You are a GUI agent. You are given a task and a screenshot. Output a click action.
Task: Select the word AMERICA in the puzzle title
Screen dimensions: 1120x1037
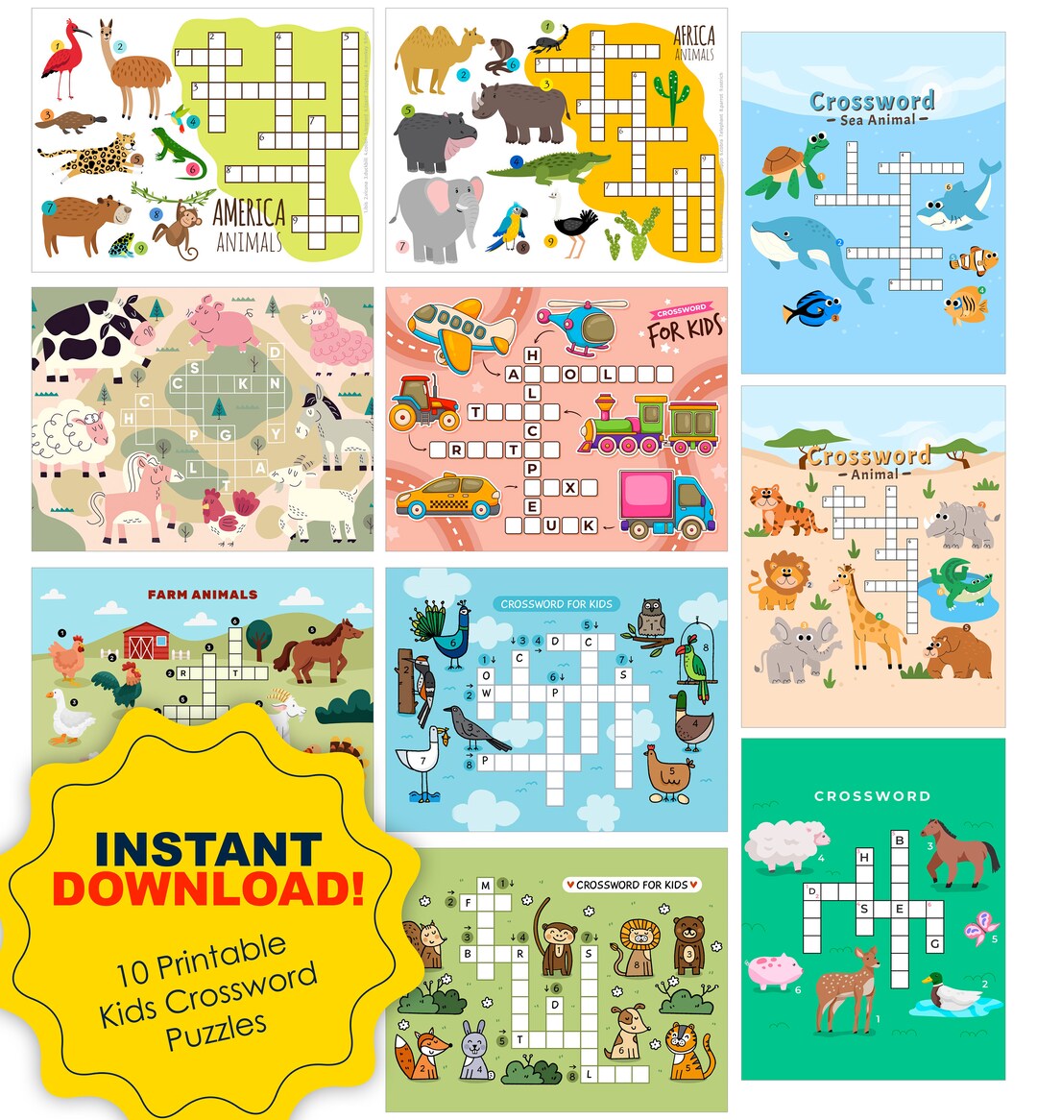[249, 211]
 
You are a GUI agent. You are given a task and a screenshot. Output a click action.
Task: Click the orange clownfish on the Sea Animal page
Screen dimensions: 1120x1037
[973, 260]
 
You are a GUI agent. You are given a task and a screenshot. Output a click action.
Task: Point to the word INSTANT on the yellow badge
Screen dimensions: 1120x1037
[208, 849]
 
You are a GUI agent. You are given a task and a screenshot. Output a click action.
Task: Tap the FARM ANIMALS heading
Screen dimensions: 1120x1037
[203, 595]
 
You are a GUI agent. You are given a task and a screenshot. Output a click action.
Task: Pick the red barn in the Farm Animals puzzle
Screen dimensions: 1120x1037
[146, 640]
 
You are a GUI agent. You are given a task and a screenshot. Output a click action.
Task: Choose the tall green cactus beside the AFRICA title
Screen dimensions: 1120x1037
[671, 96]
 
